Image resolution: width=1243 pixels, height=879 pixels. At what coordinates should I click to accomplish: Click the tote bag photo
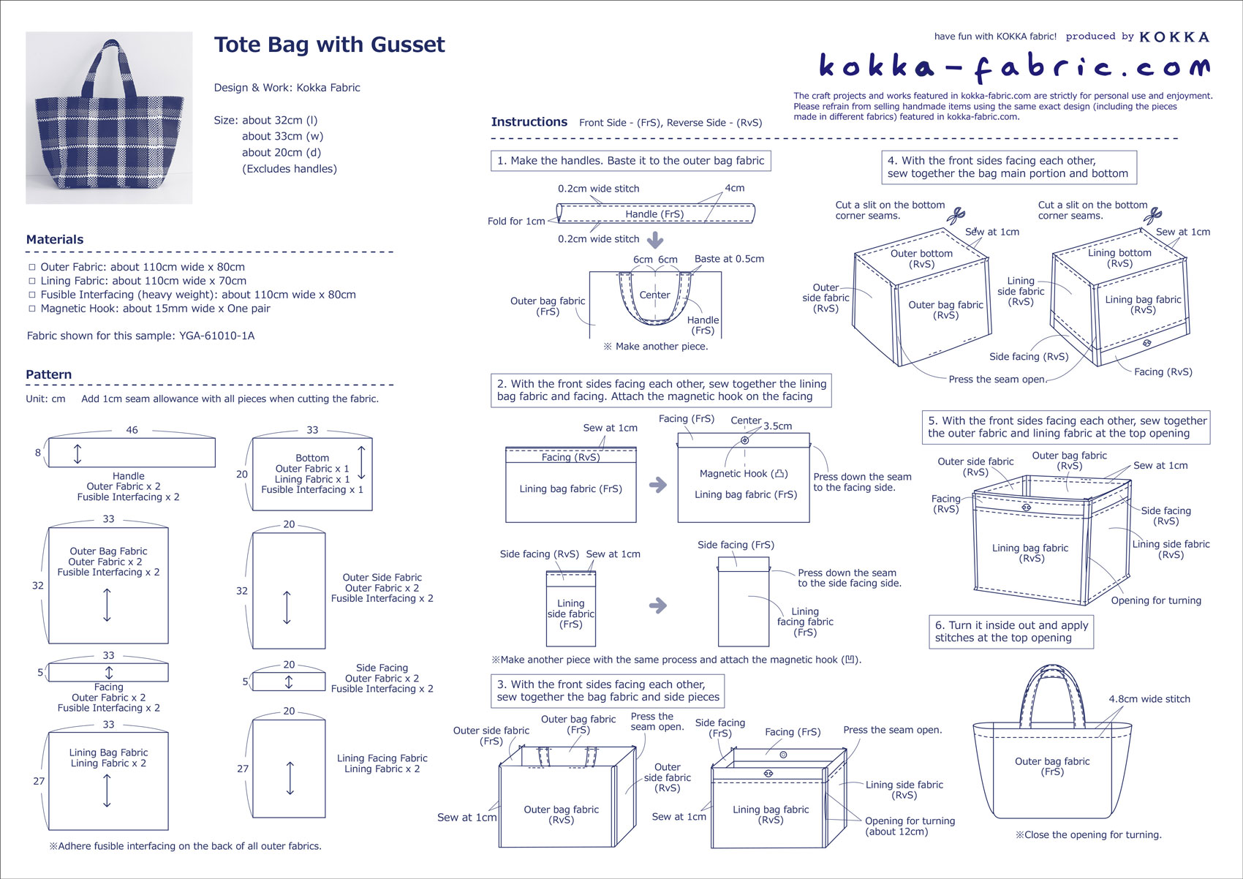point(109,118)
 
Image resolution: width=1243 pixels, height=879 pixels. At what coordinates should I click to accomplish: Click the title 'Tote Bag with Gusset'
point(329,45)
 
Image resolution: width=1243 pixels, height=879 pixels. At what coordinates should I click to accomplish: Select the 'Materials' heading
point(55,240)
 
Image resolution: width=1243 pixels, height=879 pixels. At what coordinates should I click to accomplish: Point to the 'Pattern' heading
point(49,375)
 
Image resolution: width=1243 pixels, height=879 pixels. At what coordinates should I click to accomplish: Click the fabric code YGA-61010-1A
point(217,336)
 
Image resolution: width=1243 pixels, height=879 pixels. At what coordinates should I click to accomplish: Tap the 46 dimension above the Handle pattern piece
point(132,430)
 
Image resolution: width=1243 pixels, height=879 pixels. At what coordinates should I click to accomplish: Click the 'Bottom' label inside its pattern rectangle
point(312,458)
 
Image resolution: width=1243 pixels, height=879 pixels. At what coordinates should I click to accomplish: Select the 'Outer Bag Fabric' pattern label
point(108,551)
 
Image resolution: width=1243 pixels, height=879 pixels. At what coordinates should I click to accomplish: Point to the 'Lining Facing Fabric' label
point(382,758)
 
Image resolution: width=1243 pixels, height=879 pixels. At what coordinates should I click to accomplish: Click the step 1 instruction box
point(630,161)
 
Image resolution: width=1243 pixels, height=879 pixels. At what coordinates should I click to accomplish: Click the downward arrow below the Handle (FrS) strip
point(655,240)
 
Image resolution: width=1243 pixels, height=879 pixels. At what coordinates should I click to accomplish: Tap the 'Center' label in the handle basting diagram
point(654,295)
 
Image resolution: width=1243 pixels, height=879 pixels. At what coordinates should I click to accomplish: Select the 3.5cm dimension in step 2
point(777,426)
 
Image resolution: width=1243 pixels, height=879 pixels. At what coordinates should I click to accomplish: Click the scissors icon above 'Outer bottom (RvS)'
point(956,216)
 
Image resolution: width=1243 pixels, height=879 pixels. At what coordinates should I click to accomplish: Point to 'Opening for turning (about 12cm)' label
point(910,826)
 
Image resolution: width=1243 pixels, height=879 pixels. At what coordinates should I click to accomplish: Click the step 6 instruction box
point(1011,632)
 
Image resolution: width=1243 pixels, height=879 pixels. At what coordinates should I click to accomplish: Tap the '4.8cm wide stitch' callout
point(1149,699)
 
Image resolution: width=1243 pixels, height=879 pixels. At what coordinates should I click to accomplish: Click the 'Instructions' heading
point(529,122)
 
